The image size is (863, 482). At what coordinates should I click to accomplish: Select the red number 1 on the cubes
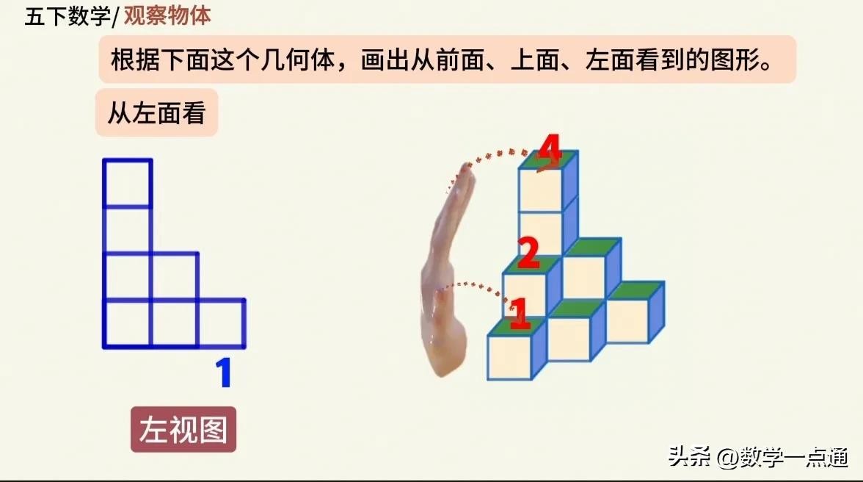tap(520, 314)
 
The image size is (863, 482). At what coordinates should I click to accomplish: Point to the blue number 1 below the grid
tap(223, 373)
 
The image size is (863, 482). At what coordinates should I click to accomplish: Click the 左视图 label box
tap(183, 430)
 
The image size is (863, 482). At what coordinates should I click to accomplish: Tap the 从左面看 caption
tap(157, 113)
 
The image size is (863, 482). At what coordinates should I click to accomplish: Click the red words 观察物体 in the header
tap(167, 15)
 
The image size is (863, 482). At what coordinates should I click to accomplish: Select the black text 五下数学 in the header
tap(68, 16)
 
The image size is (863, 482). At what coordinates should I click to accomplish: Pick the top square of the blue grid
tap(127, 184)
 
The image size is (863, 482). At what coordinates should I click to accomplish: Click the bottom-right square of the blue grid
tap(222, 324)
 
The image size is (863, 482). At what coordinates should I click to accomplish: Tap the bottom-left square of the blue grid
tap(127, 324)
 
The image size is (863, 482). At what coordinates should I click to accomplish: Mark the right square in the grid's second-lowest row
tap(175, 277)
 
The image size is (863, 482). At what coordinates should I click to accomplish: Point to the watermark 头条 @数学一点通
tap(759, 457)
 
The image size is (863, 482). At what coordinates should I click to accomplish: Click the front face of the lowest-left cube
tap(509, 358)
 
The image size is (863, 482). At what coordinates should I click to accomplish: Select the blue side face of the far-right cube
tap(657, 312)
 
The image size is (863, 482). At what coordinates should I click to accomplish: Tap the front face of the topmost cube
tap(540, 190)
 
